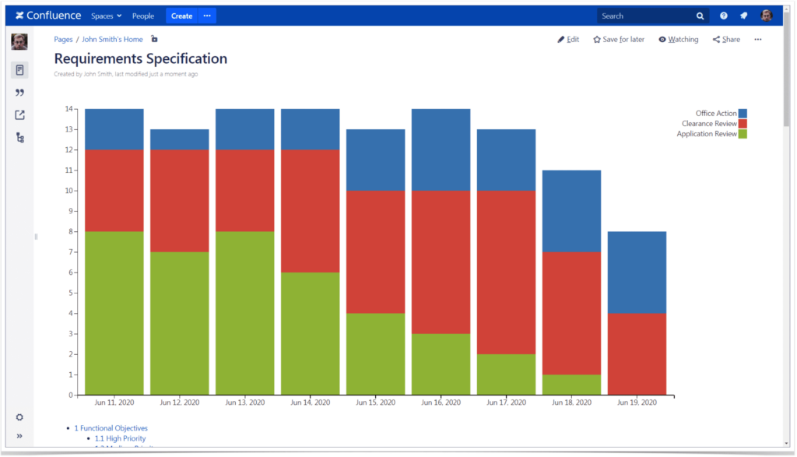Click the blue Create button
click(x=181, y=16)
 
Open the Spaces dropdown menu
click(x=106, y=16)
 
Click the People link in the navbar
click(x=143, y=16)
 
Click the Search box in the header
click(x=646, y=16)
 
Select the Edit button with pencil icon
click(x=568, y=40)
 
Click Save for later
click(x=619, y=40)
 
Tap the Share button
click(x=726, y=40)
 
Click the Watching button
click(x=678, y=40)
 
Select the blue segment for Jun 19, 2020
click(x=637, y=272)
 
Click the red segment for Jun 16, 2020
click(x=441, y=262)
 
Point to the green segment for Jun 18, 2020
click(x=571, y=385)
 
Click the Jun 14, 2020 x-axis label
click(x=311, y=403)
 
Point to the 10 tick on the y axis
click(x=68, y=191)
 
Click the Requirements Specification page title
click(x=141, y=59)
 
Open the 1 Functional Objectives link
click(x=111, y=428)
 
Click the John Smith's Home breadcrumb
click(x=112, y=40)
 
